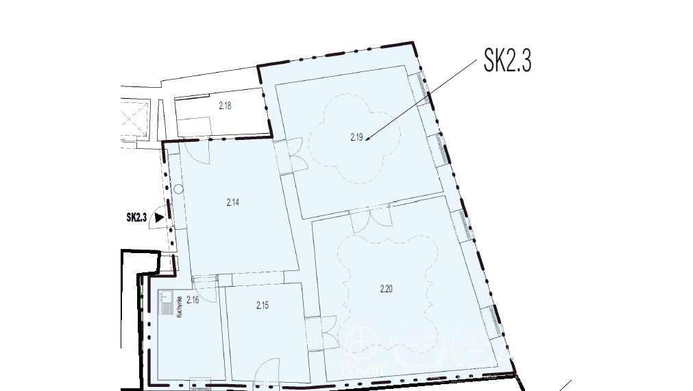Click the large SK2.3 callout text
click(x=507, y=60)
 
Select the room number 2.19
click(x=356, y=137)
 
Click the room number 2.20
click(x=386, y=289)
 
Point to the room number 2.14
click(x=232, y=202)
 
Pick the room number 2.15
click(x=263, y=305)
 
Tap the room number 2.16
click(x=192, y=299)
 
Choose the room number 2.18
click(x=225, y=106)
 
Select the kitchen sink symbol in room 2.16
click(x=166, y=303)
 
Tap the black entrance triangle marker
click(x=159, y=217)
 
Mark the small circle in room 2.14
click(x=178, y=189)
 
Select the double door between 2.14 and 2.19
click(x=295, y=156)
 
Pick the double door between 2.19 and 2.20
click(x=370, y=218)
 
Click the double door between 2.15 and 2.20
click(x=321, y=333)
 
